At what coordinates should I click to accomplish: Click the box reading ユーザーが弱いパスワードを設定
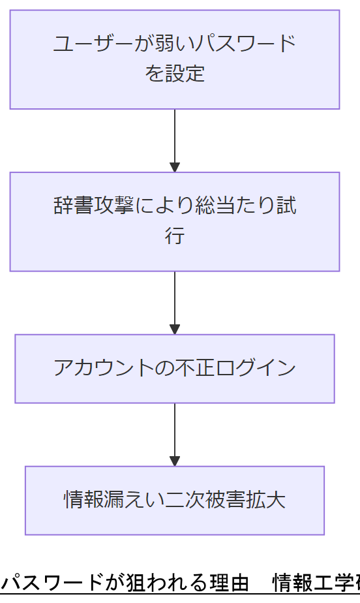pyautogui.click(x=175, y=59)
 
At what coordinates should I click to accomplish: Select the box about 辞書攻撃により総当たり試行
pyautogui.click(x=175, y=221)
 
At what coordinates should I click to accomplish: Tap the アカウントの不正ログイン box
pyautogui.click(x=175, y=369)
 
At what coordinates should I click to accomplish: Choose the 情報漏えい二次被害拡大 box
pyautogui.click(x=175, y=501)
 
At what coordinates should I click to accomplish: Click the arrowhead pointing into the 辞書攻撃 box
pyautogui.click(x=175, y=166)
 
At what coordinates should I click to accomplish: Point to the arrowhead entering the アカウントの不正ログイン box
pyautogui.click(x=175, y=329)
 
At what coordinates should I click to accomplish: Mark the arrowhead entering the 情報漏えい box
pyautogui.click(x=175, y=460)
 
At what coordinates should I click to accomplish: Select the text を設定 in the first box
pyautogui.click(x=175, y=73)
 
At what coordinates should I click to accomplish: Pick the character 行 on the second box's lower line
pyautogui.click(x=175, y=236)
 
